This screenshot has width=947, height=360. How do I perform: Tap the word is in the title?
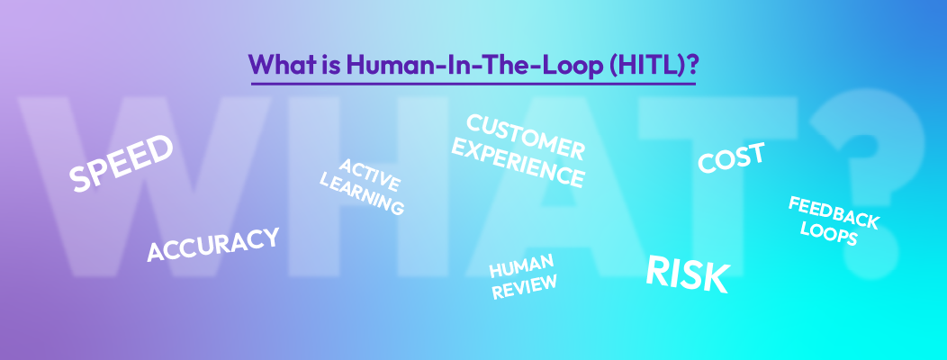[x=326, y=65]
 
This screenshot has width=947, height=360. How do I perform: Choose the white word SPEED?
[x=122, y=164]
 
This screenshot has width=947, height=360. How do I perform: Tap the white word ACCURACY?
[x=212, y=245]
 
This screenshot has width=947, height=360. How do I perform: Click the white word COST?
[x=731, y=158]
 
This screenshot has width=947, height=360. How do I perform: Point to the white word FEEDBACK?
[x=834, y=211]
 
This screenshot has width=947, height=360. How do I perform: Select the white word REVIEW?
[x=524, y=284]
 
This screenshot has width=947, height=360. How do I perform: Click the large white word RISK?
[x=687, y=274]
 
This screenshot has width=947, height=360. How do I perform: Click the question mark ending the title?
[x=690, y=65]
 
